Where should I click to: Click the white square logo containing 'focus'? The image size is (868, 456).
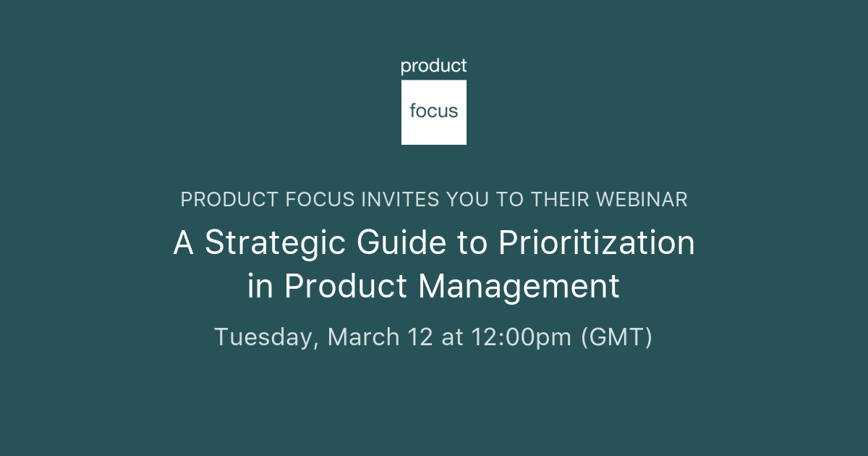click(x=434, y=112)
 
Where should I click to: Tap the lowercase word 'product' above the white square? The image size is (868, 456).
click(x=434, y=67)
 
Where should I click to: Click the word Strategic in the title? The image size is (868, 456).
click(x=278, y=243)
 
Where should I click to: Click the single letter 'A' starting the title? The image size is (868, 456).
click(x=184, y=243)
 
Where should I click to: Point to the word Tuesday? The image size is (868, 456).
click(x=265, y=338)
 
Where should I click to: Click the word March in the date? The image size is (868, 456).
click(x=364, y=337)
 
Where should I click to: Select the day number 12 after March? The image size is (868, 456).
click(x=422, y=337)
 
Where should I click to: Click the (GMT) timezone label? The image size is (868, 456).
click(x=617, y=338)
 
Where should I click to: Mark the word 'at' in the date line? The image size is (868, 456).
click(x=453, y=338)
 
